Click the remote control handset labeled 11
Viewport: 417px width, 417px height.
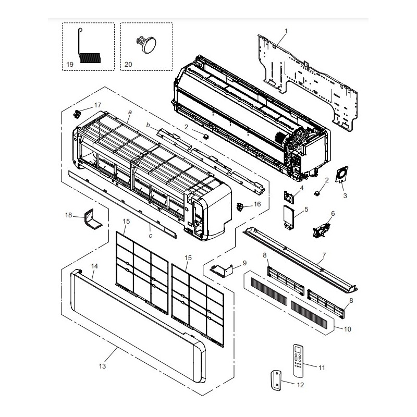(x=298, y=360)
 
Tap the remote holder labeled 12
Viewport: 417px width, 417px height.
(x=276, y=381)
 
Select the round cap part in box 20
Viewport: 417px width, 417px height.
(x=146, y=45)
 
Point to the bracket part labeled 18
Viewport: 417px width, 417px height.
(x=92, y=219)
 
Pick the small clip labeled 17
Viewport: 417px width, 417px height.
(x=77, y=114)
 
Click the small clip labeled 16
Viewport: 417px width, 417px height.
(x=240, y=206)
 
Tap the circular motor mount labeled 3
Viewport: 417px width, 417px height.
(x=341, y=174)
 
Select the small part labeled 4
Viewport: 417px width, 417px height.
(x=289, y=197)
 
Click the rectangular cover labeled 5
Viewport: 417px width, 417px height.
(x=289, y=217)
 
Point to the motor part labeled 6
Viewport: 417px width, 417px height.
(x=322, y=230)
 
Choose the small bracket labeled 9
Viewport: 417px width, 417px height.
(x=221, y=271)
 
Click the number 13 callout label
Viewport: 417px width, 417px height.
(x=102, y=366)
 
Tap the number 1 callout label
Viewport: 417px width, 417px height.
(x=286, y=31)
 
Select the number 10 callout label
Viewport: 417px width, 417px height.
(x=347, y=329)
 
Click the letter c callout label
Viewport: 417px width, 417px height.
(x=151, y=236)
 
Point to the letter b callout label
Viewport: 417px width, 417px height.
(x=148, y=125)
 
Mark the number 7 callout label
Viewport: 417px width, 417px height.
(x=324, y=255)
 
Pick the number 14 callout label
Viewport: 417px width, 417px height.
(x=94, y=266)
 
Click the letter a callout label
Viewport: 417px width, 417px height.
(x=130, y=112)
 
